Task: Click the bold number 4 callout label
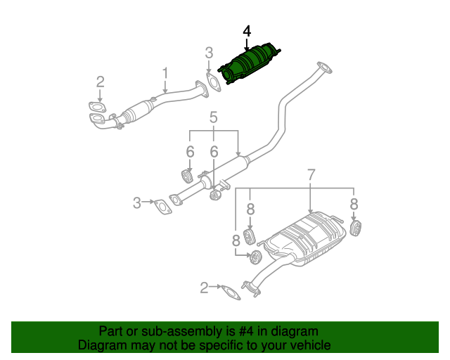coord(246,32)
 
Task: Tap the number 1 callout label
coord(165,73)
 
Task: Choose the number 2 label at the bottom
coord(204,287)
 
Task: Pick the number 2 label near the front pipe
coord(100,82)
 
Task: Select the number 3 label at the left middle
coord(137,203)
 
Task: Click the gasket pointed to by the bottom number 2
coord(230,292)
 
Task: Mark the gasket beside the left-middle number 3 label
coord(163,207)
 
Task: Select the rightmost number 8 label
coord(354,204)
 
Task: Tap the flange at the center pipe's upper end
coord(324,68)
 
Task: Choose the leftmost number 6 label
coord(190,152)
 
